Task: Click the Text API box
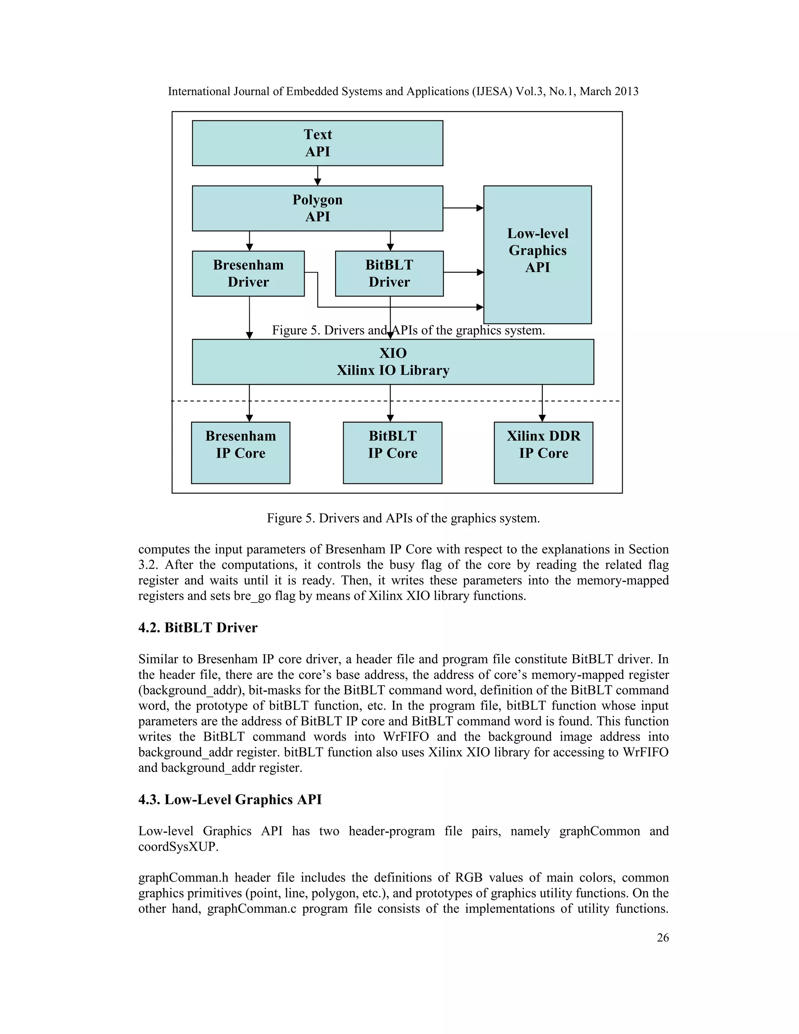pos(317,143)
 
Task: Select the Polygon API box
pos(317,208)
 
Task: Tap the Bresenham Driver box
pos(248,273)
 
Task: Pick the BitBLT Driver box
pos(389,273)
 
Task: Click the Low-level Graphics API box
pos(537,254)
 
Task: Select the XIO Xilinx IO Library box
pos(393,361)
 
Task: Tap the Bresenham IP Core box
pos(240,452)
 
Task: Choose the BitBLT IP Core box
pos(392,452)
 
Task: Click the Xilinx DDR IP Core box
pos(543,452)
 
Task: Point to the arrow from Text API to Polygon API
pos(318,176)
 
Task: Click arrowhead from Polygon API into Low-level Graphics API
pos(479,208)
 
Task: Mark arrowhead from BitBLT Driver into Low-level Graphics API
pos(479,272)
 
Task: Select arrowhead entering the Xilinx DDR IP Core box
pos(542,418)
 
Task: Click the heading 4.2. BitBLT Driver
pos(197,628)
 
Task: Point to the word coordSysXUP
pos(178,847)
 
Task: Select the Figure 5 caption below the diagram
pos(403,518)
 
